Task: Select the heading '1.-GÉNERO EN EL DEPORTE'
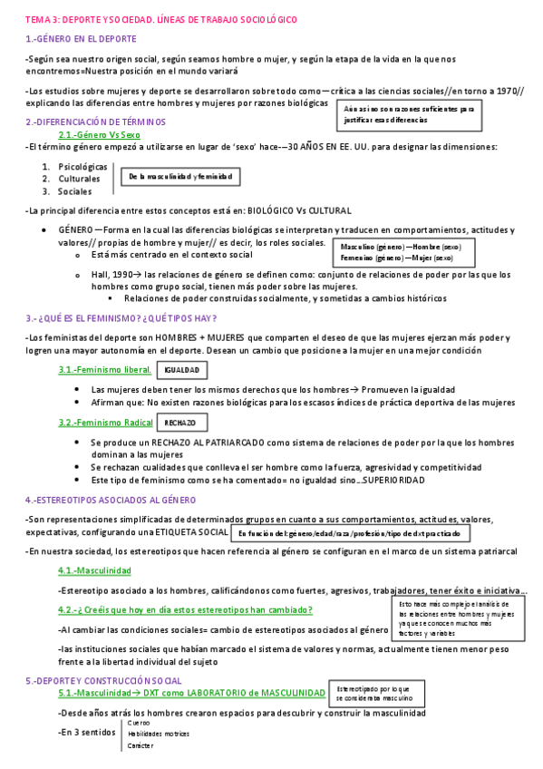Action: [81, 39]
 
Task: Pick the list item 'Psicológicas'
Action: [82, 167]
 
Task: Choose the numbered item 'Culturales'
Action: [79, 180]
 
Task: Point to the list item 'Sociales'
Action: [74, 191]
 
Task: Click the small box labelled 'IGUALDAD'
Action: [181, 371]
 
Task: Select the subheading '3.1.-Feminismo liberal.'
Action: [104, 371]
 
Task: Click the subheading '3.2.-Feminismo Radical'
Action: [105, 423]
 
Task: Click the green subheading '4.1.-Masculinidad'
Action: [94, 570]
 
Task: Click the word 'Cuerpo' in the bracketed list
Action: [140, 723]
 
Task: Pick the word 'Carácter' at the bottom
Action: [141, 745]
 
